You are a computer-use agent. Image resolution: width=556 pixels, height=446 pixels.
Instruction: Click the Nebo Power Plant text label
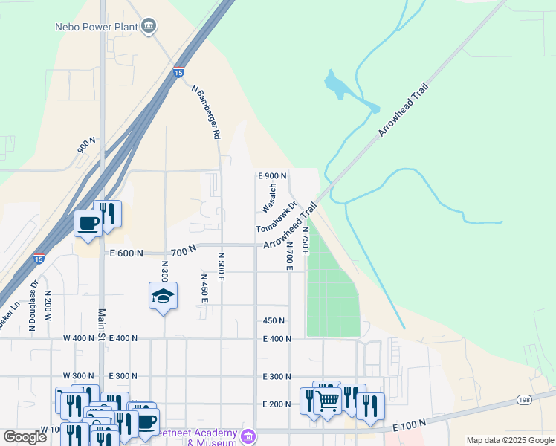[97, 27]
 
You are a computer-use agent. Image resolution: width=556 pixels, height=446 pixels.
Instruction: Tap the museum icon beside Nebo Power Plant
[149, 27]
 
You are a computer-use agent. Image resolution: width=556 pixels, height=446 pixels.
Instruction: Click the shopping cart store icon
[328, 401]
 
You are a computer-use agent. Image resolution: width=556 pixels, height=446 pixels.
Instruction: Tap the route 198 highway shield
[526, 401]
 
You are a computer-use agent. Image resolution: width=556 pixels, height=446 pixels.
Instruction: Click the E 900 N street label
[272, 176]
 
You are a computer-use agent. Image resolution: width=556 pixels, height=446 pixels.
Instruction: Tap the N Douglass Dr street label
[33, 305]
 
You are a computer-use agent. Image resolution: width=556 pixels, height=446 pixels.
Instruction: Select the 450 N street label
[274, 320]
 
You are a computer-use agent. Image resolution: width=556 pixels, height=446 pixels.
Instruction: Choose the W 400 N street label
[80, 338]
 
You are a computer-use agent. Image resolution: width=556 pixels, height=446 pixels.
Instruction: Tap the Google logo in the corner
[25, 437]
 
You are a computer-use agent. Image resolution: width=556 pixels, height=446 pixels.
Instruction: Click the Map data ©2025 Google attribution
[509, 440]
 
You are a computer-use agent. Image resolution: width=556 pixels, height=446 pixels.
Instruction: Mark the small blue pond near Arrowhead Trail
[341, 87]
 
